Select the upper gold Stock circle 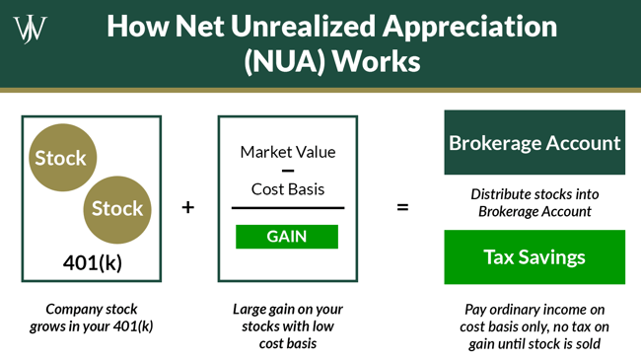pos(60,158)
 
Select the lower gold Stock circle pos(116,208)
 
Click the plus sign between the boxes pos(188,208)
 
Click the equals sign pos(402,208)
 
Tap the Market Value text pos(288,152)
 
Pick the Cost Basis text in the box pos(288,188)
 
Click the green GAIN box pos(287,237)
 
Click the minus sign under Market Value pos(288,171)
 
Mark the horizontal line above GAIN pos(288,208)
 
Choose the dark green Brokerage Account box pos(534,143)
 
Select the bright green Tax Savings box pos(534,257)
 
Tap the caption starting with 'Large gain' pos(288,324)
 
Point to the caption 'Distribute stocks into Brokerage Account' pos(534,202)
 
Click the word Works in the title pos(376,62)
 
